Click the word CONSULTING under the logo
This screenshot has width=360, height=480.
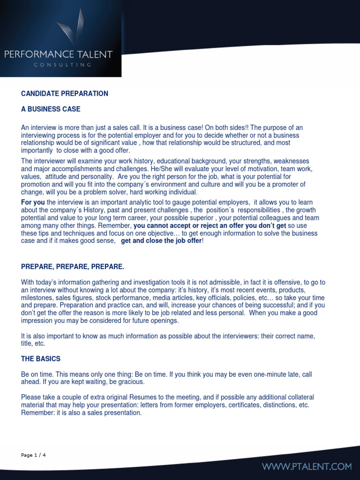coord(62,65)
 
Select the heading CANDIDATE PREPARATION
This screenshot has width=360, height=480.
coord(65,94)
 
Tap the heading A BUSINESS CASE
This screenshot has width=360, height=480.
coord(51,109)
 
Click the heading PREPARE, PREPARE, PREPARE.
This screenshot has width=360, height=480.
coord(73,267)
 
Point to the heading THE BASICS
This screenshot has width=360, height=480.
coord(41,359)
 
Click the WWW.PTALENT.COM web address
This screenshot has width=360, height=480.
coord(307,466)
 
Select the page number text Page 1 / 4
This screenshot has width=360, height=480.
coord(34,455)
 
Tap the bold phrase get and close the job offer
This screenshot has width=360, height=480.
coord(161,241)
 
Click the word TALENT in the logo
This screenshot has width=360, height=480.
coord(96,54)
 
